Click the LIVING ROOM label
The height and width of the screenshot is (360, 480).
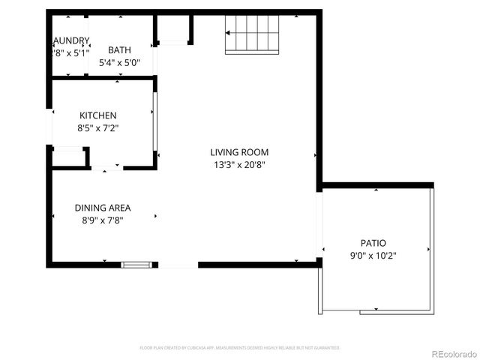[x=239, y=152]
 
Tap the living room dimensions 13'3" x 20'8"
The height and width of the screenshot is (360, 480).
[x=239, y=164]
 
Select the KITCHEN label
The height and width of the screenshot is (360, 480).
[x=98, y=115]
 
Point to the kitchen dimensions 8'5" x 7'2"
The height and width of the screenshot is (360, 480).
[x=98, y=127]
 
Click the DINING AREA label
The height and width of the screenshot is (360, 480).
[x=103, y=208]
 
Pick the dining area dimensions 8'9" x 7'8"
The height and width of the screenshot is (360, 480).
[x=103, y=220]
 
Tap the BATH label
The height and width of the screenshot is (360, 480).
[x=119, y=50]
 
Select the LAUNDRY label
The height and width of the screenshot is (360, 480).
[x=70, y=40]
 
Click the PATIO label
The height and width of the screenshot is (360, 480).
[x=373, y=243]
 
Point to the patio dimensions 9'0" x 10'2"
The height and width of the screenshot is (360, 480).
[x=373, y=255]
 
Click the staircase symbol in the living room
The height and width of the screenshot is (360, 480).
[x=253, y=34]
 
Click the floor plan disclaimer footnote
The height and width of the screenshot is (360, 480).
[x=240, y=348]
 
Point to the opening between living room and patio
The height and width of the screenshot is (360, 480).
[x=319, y=223]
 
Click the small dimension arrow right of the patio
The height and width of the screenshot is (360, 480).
[x=429, y=248]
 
